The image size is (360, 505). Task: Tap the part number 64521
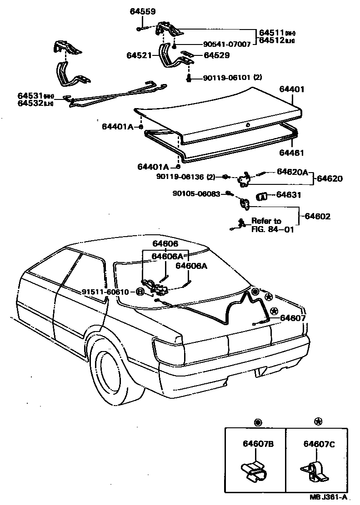[139, 55]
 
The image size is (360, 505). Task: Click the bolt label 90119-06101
[223, 78]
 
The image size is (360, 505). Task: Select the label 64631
[289, 195]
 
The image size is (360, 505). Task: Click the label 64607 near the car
[293, 318]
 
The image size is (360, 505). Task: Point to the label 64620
[330, 178]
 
